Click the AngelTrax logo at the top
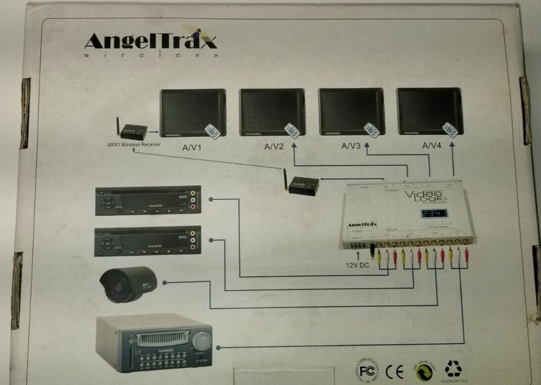(x=150, y=43)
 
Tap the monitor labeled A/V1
(x=193, y=112)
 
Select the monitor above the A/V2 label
(x=272, y=112)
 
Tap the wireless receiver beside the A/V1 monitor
(x=134, y=131)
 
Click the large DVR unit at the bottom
(x=154, y=343)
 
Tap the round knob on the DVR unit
(x=201, y=341)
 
